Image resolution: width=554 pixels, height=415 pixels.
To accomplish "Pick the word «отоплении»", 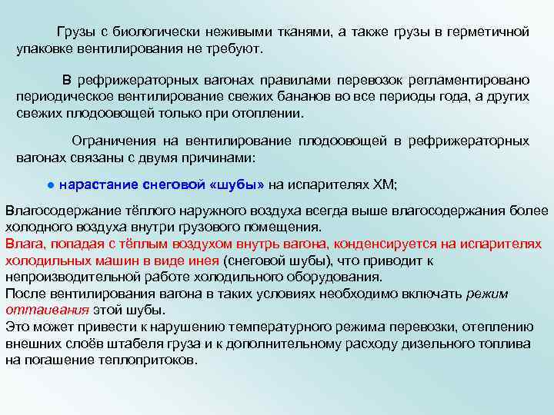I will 268,113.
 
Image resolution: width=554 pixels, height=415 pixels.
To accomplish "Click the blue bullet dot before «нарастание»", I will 48,185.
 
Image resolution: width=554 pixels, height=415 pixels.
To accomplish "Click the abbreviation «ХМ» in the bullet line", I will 382,184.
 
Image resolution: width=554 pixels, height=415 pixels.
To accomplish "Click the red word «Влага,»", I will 25,244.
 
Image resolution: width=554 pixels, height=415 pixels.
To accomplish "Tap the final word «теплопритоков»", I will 146,360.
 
